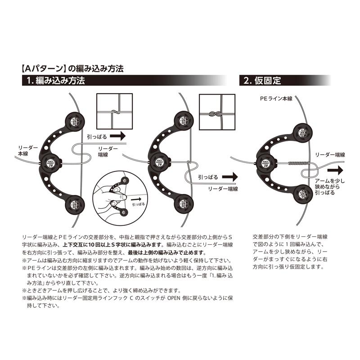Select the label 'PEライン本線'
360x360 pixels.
275,98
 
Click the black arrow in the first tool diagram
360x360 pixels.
118,135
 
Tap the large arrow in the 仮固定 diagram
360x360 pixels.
334,171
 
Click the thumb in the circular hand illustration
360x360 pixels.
115,195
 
